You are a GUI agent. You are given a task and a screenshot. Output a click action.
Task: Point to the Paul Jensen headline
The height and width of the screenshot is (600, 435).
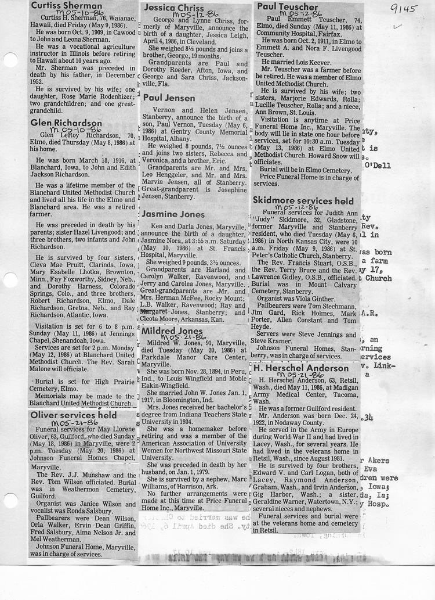[x=169, y=98]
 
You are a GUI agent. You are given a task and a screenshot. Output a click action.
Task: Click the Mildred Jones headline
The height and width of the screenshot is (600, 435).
[x=172, y=332]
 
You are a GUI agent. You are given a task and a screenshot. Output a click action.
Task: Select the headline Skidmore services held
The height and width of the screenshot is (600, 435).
[x=303, y=200]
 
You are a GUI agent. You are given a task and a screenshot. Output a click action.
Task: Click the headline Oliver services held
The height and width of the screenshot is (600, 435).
[x=74, y=415]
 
